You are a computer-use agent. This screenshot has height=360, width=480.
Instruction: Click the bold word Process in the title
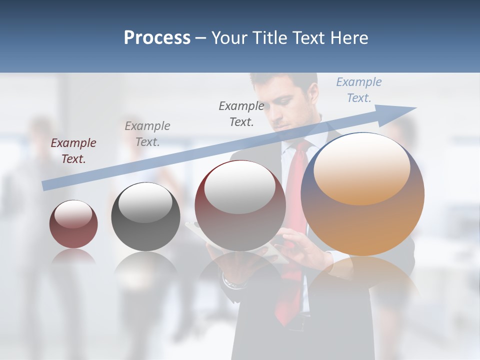[157, 38]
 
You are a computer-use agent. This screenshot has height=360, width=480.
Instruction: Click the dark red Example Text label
[73, 151]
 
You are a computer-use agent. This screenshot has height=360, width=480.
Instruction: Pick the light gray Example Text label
[147, 134]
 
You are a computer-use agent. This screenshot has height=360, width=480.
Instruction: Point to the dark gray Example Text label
[241, 113]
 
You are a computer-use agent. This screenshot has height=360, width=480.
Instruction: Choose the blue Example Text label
[359, 90]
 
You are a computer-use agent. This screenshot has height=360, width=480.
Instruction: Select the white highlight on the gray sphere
[145, 203]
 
